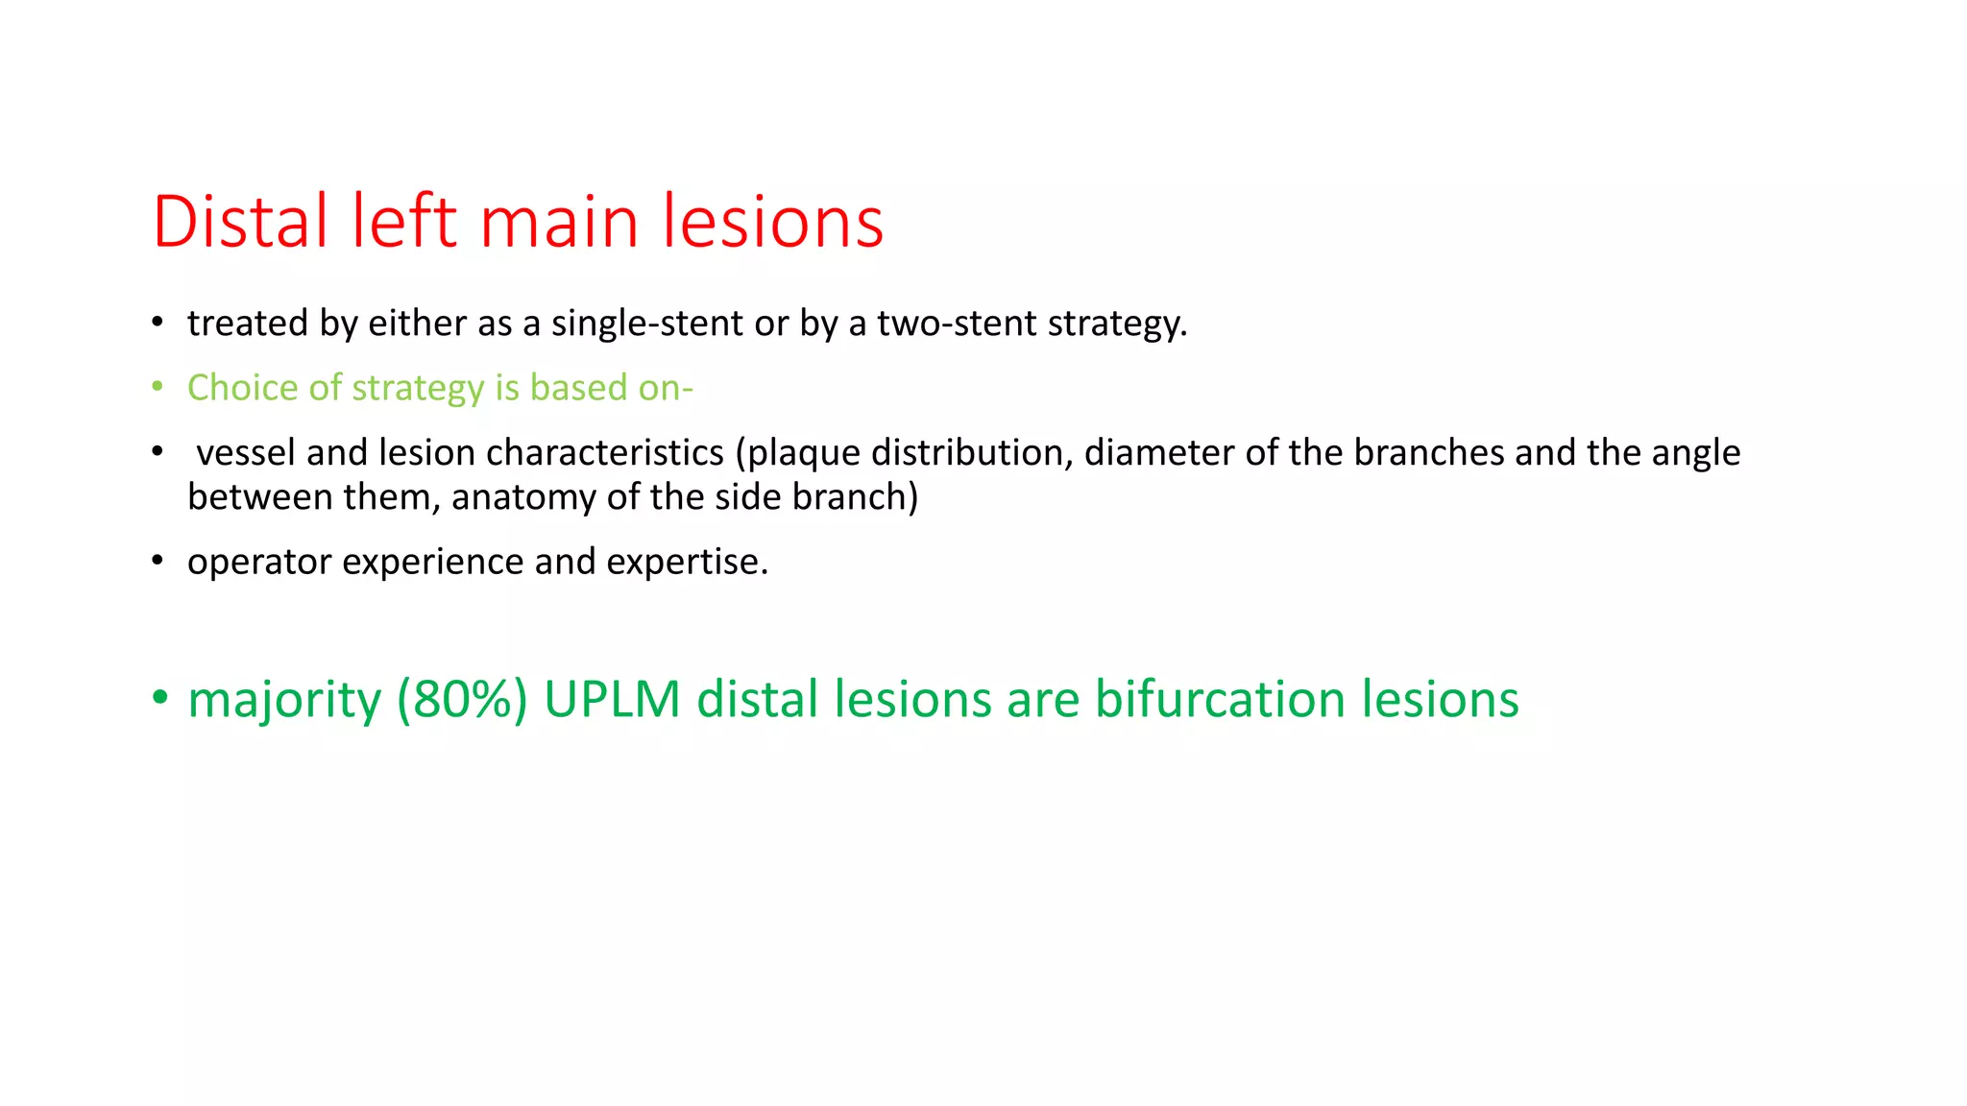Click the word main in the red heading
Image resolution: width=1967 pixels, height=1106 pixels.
coord(558,222)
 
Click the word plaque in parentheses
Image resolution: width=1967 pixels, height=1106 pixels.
coord(798,453)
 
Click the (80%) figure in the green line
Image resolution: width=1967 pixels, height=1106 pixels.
coord(462,699)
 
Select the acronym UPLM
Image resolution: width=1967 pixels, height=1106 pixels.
coord(612,699)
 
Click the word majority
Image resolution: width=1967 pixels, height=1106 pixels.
coord(284,701)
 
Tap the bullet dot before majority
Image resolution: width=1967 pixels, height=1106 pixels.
coord(159,697)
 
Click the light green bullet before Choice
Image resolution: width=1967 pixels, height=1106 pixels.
coord(158,387)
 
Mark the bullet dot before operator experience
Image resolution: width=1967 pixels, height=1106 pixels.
coord(158,561)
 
